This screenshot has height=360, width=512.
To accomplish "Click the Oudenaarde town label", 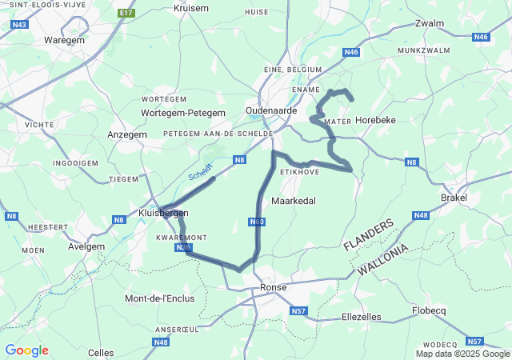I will click(x=271, y=110).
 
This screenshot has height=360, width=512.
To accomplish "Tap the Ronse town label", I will click(x=273, y=288).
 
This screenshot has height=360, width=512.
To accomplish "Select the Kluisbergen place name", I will click(x=163, y=213).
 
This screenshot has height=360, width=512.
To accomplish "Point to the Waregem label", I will click(x=64, y=38).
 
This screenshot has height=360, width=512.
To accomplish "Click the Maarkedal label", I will click(x=298, y=200).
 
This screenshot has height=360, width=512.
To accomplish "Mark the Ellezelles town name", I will click(x=362, y=317).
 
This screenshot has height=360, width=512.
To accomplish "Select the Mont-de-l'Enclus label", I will click(x=158, y=298).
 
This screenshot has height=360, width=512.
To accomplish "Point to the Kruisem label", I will click(x=190, y=8).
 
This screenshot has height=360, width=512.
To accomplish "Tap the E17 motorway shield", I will click(x=126, y=14).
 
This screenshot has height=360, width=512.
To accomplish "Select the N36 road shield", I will click(x=183, y=248).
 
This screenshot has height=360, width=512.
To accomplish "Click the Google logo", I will click(x=26, y=350).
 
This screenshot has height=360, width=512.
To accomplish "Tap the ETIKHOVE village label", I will click(x=299, y=171).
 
